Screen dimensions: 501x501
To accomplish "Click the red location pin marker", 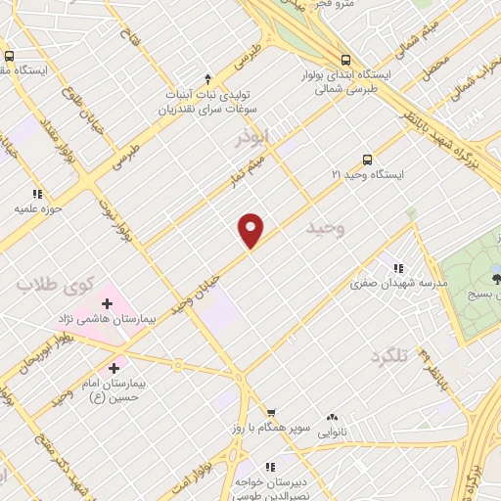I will pyautogui.click(x=251, y=230).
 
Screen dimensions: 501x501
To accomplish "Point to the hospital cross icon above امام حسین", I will pyautogui.click(x=114, y=369).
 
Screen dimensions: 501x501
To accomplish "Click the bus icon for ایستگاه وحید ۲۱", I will pyautogui.click(x=367, y=159).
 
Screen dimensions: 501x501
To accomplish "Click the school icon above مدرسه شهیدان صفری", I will pyautogui.click(x=397, y=267).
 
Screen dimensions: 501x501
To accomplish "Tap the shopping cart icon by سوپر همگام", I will pyautogui.click(x=271, y=413).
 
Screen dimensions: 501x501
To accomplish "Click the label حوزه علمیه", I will pyautogui.click(x=38, y=208).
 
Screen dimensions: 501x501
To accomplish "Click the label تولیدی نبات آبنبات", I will pyautogui.click(x=207, y=95).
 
